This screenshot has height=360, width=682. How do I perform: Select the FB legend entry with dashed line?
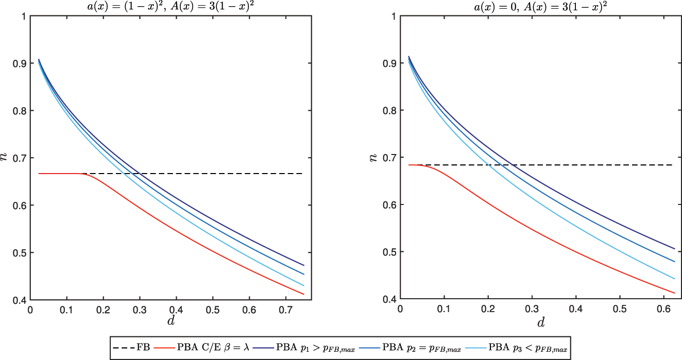click(x=131, y=348)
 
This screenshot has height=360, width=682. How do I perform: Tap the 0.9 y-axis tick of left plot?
click(x=20, y=63)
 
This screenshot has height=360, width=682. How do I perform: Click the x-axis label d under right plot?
click(x=540, y=323)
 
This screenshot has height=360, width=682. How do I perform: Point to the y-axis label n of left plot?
click(x=6, y=158)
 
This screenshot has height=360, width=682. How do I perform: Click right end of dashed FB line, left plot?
click(x=302, y=174)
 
